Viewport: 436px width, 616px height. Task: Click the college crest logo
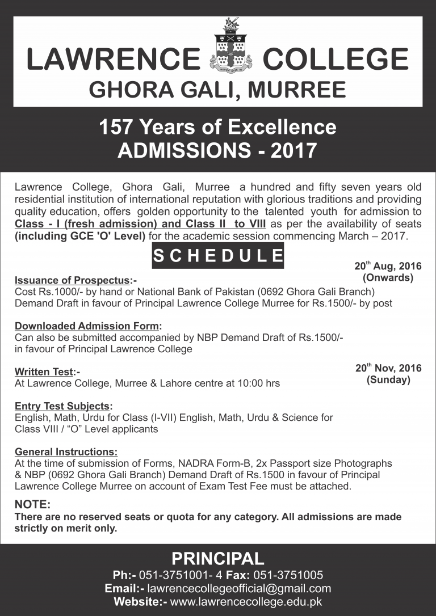pyautogui.click(x=230, y=49)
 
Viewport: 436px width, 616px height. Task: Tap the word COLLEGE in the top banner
pyautogui.click(x=336, y=60)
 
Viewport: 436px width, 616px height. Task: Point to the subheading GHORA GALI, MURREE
pyautogui.click(x=218, y=90)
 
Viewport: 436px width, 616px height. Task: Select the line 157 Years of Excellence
pyautogui.click(x=217, y=126)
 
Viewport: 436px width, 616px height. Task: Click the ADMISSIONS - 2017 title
pyautogui.click(x=217, y=150)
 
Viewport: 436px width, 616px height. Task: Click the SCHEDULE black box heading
pyautogui.click(x=218, y=255)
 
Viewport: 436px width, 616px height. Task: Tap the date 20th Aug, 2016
pyautogui.click(x=388, y=265)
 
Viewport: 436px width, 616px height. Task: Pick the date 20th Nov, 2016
pyautogui.click(x=388, y=368)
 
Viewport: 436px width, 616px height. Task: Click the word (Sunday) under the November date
pyautogui.click(x=388, y=380)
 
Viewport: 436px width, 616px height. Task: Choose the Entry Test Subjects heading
pyautogui.click(x=63, y=406)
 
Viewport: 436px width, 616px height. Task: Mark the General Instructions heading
pyautogui.click(x=66, y=452)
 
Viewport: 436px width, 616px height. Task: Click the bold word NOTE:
pyautogui.click(x=32, y=504)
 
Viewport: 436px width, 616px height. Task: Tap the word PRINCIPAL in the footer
pyautogui.click(x=218, y=558)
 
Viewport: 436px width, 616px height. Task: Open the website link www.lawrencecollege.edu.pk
pyautogui.click(x=246, y=602)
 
